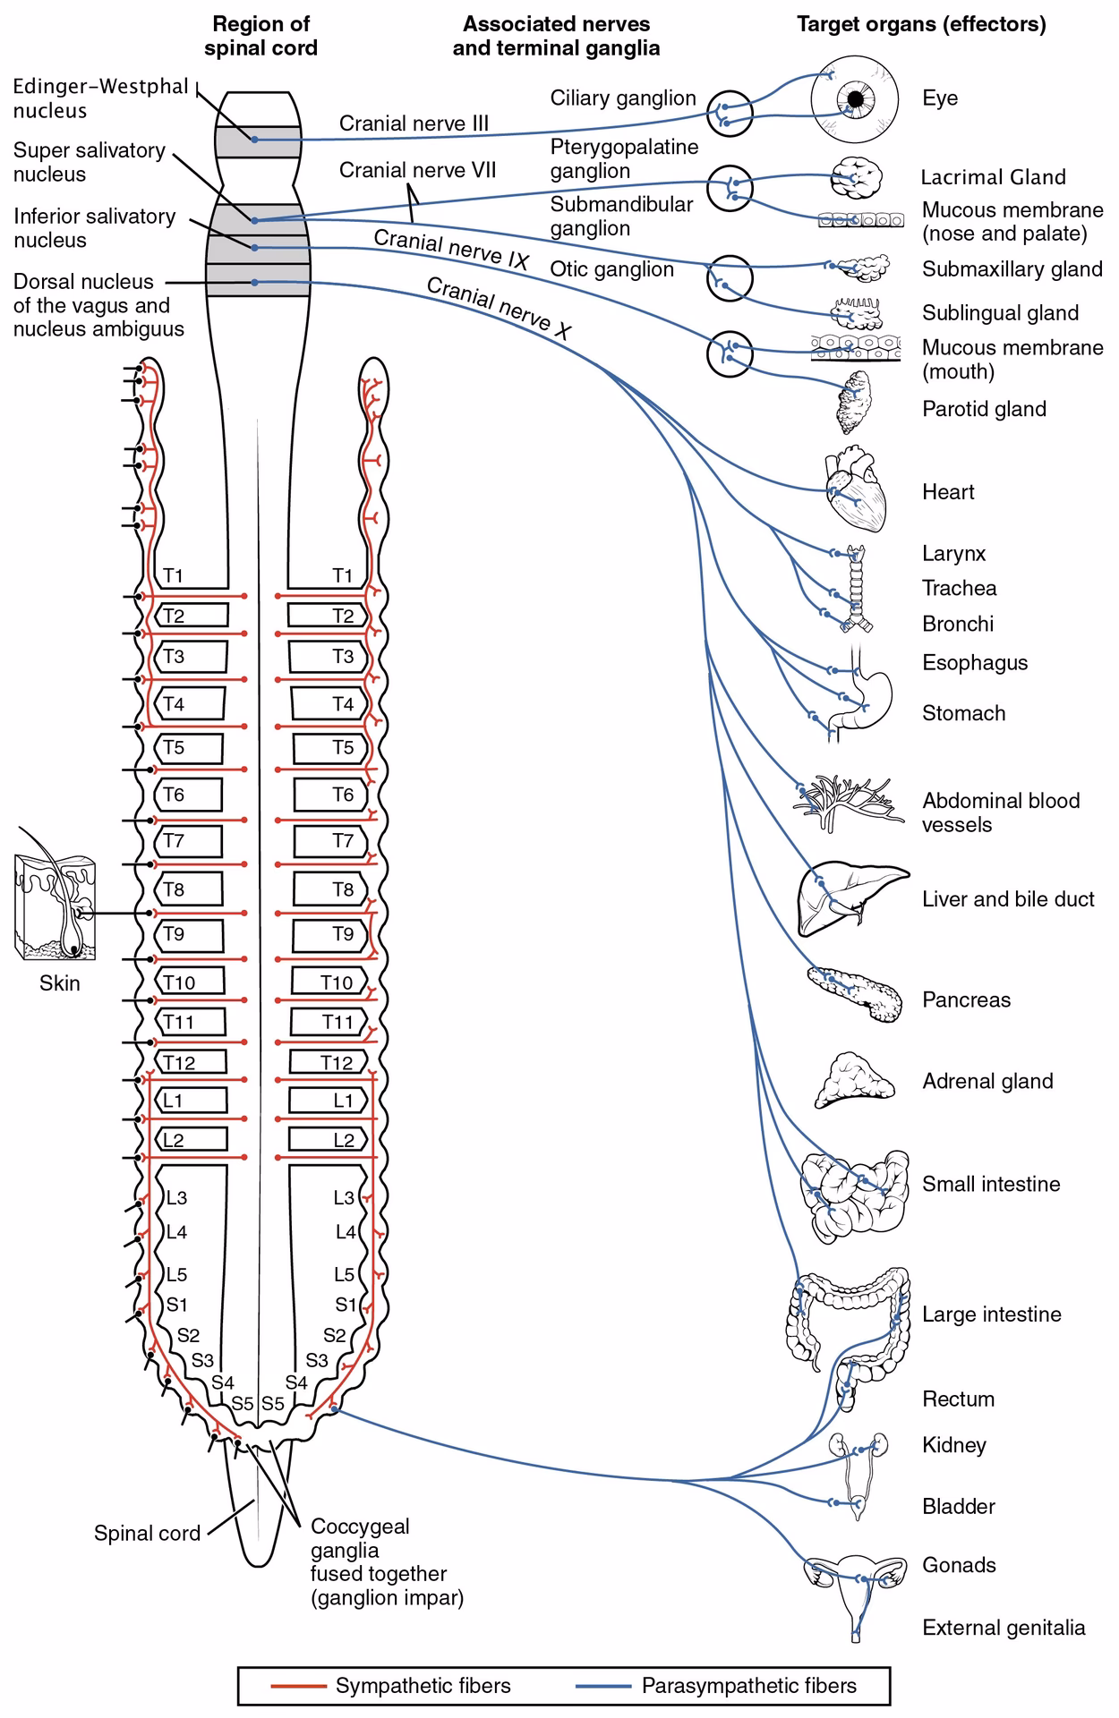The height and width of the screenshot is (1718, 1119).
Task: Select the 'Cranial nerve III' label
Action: (x=414, y=123)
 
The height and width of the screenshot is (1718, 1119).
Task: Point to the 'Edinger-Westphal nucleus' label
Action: (x=100, y=98)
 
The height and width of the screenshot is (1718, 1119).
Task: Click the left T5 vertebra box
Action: (x=190, y=747)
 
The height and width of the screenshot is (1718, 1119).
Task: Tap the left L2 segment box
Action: (x=192, y=1139)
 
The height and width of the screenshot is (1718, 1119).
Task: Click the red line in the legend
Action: (x=299, y=1686)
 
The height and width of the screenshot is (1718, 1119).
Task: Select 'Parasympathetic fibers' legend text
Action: (x=748, y=1686)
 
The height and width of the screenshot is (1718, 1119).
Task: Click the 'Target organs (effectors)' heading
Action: (x=921, y=24)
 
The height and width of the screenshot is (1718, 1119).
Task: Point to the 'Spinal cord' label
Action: (x=147, y=1533)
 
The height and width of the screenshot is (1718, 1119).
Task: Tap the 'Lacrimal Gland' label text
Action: (x=993, y=177)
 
